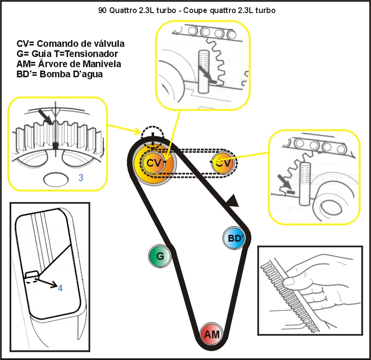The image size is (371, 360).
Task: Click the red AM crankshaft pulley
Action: [212, 333]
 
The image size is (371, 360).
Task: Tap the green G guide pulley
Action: [160, 256]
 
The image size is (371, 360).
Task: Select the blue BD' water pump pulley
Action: [234, 238]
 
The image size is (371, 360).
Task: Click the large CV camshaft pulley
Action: [154, 163]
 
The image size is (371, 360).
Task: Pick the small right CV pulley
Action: [223, 163]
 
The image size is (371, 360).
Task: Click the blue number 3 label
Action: [81, 178]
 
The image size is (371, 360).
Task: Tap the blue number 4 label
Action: [60, 288]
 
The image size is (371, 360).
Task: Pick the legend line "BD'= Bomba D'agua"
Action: [59, 74]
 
